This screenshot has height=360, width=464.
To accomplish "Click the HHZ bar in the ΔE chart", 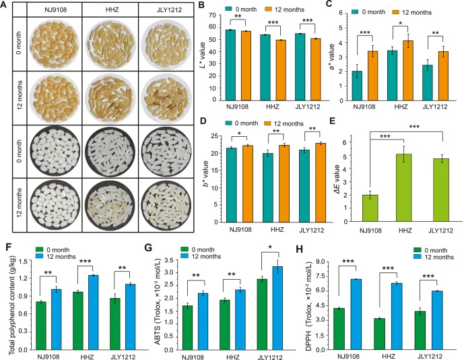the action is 404,187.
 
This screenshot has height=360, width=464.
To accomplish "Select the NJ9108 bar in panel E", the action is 370,208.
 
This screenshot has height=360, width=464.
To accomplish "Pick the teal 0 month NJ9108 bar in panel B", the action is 230,65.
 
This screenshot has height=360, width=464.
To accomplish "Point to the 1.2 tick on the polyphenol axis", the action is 25,278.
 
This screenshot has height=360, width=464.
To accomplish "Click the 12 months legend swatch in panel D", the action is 268,123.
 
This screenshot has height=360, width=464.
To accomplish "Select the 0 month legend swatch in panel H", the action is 418,251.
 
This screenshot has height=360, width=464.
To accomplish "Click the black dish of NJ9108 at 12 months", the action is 55,205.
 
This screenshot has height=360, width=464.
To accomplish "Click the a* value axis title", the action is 332,57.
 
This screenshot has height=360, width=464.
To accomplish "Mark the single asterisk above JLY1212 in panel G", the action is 270,247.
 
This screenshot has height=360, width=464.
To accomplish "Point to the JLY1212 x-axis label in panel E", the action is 441,231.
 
